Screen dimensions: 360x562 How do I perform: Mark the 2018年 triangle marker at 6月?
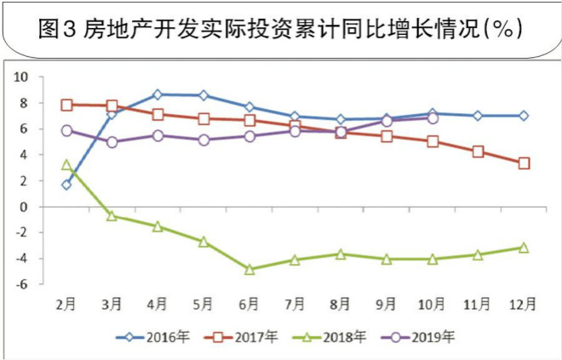249,269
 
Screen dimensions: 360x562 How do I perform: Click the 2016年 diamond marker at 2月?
66,185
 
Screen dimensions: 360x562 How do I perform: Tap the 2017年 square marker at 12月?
524,163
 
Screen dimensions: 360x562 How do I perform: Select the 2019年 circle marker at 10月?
433,118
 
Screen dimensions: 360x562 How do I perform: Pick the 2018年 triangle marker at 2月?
66,164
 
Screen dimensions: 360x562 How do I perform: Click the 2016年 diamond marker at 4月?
158,94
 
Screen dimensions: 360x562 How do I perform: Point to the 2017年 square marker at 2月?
66,105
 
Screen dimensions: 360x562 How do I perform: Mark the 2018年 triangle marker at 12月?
524,248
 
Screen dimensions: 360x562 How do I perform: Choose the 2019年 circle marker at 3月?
112,142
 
